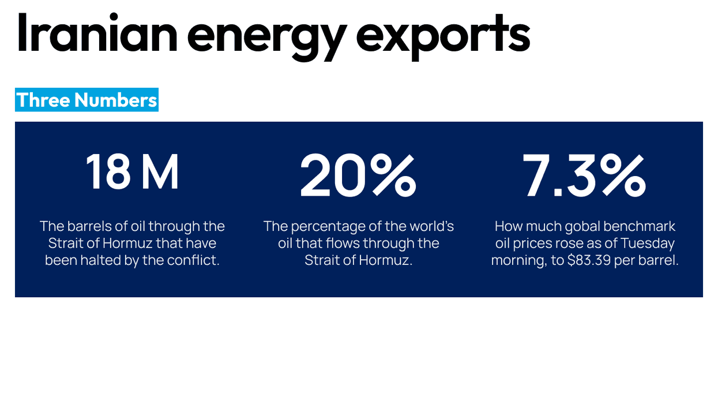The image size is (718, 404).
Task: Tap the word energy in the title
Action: pyautogui.click(x=266, y=36)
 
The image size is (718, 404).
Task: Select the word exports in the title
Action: pyautogui.click(x=442, y=36)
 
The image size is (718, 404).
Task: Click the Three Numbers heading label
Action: pyautogui.click(x=87, y=100)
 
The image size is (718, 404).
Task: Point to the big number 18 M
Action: pyautogui.click(x=133, y=172)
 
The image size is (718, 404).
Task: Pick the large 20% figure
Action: pyautogui.click(x=358, y=174)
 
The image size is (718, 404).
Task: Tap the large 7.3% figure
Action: pyautogui.click(x=584, y=174)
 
